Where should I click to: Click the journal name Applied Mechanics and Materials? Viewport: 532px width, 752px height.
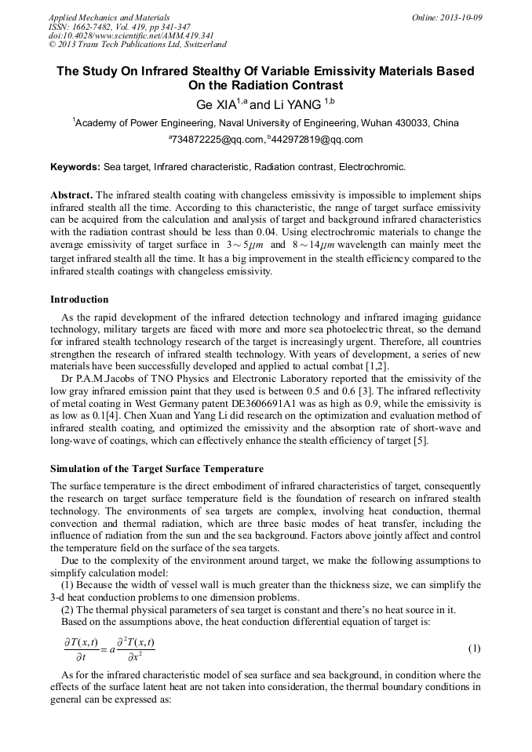[x=108, y=16]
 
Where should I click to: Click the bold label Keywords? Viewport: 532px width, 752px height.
[x=75, y=167]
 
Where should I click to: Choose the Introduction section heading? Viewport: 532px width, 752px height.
[x=79, y=300]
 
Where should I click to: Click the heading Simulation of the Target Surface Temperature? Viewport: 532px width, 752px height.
[x=156, y=469]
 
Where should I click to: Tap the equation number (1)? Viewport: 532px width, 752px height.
[x=474, y=648]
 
